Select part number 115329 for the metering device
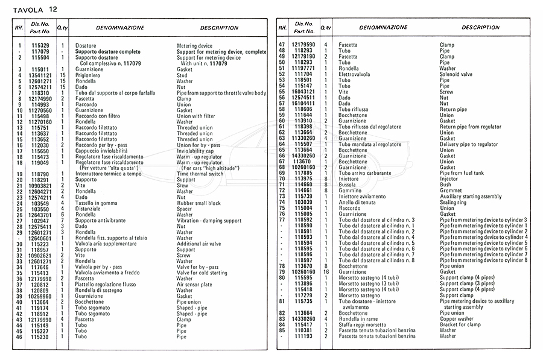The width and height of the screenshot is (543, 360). (x=40, y=46)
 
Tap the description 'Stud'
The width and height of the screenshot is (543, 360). (x=182, y=75)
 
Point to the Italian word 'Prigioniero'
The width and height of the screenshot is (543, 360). (x=88, y=75)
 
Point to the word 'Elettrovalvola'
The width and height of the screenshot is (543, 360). (x=357, y=74)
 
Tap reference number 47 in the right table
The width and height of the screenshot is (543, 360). (x=281, y=45)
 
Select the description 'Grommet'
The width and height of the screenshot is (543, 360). (x=451, y=191)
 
